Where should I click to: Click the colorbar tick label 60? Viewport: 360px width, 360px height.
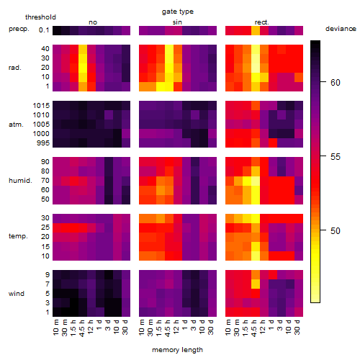[336, 83]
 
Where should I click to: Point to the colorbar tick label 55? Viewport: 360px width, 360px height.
[336, 157]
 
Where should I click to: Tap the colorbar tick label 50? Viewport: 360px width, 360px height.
[336, 231]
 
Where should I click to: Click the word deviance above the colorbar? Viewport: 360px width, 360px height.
[341, 29]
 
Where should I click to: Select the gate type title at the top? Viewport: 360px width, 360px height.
[178, 12]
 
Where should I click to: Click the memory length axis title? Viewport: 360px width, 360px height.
[177, 350]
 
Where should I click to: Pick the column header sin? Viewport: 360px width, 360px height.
[177, 22]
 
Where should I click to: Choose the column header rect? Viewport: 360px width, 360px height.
[262, 22]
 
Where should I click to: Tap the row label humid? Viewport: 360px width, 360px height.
[20, 181]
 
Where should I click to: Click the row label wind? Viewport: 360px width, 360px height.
[17, 294]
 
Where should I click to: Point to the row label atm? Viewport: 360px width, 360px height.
[16, 125]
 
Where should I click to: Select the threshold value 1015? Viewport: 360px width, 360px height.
[41, 106]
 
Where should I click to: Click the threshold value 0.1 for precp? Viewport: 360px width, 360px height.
[44, 30]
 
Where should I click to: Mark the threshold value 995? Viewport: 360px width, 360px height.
[43, 143]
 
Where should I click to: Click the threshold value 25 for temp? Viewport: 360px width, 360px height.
[45, 228]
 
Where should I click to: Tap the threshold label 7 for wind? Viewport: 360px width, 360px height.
[48, 284]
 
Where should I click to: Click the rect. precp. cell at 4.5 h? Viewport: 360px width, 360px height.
[256, 30]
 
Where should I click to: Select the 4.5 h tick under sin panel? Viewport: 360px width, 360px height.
[168, 328]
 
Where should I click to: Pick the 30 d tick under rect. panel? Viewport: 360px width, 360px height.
[297, 327]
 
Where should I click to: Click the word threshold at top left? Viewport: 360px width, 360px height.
[40, 17]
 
